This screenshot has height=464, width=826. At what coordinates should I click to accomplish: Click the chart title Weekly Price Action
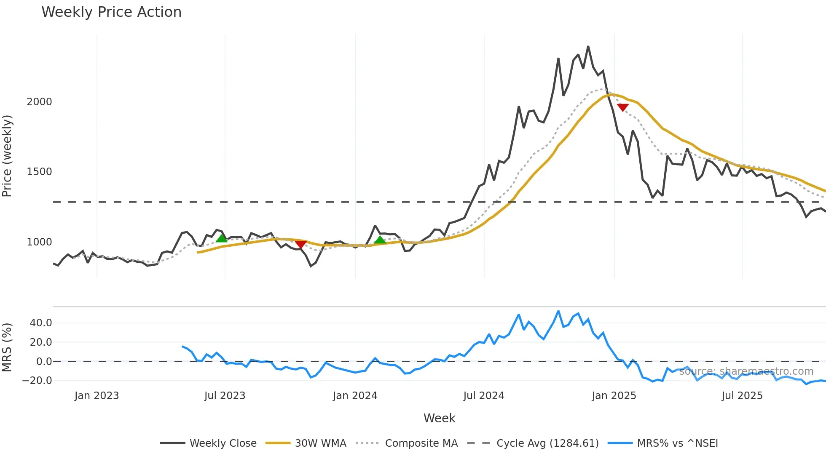coord(111,12)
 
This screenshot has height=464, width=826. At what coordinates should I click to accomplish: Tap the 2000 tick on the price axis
coord(40,102)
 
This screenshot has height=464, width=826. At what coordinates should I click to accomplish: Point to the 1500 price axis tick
coord(40,172)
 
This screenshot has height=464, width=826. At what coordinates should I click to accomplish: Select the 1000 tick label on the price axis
coord(40,242)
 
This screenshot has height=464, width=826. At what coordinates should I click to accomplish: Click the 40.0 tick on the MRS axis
coord(41,323)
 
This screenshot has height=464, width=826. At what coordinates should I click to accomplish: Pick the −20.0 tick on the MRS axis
coord(38,381)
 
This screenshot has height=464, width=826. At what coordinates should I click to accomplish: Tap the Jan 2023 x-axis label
coord(97,396)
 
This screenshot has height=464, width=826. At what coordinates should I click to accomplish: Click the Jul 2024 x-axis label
coord(484,396)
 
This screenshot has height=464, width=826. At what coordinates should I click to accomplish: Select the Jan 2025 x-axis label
coord(614,396)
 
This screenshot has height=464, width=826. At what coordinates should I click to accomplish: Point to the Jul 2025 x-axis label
coord(742,396)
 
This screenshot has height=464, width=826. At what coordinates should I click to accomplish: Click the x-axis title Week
coord(439,418)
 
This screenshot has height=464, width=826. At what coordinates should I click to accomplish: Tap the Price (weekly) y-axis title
coord(7,156)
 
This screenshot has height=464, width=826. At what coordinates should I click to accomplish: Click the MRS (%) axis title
coord(7,347)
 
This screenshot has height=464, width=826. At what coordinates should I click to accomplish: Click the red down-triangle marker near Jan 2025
coord(622,107)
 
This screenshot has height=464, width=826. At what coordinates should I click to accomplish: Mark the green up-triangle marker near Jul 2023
coord(221,239)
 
